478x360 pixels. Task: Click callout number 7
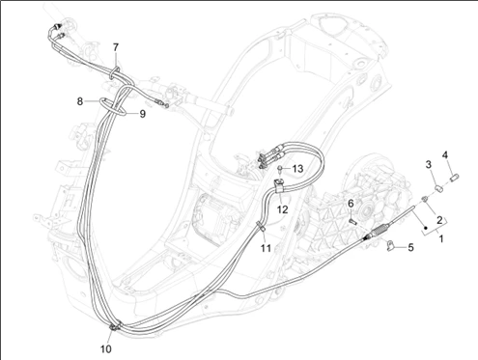click(x=116, y=47)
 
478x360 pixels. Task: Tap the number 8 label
click(x=80, y=101)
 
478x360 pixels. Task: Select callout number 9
click(x=142, y=114)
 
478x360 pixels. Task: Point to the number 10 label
click(x=106, y=348)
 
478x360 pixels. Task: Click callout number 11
click(x=266, y=248)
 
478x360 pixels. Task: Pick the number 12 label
click(x=282, y=209)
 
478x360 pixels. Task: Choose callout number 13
click(x=298, y=169)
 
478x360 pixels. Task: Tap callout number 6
click(x=351, y=204)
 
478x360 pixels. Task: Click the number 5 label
click(x=410, y=248)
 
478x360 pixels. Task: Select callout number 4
click(x=444, y=155)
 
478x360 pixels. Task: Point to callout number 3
click(x=429, y=165)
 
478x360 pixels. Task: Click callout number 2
click(x=439, y=220)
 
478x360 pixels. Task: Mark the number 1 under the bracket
click(x=441, y=238)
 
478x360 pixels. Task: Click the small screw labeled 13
click(x=281, y=169)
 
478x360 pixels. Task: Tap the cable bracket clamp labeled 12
click(x=279, y=185)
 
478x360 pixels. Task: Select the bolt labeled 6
click(x=352, y=221)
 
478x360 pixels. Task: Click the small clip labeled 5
click(x=390, y=245)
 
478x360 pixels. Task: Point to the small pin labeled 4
click(x=455, y=177)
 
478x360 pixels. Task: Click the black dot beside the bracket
click(x=426, y=228)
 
